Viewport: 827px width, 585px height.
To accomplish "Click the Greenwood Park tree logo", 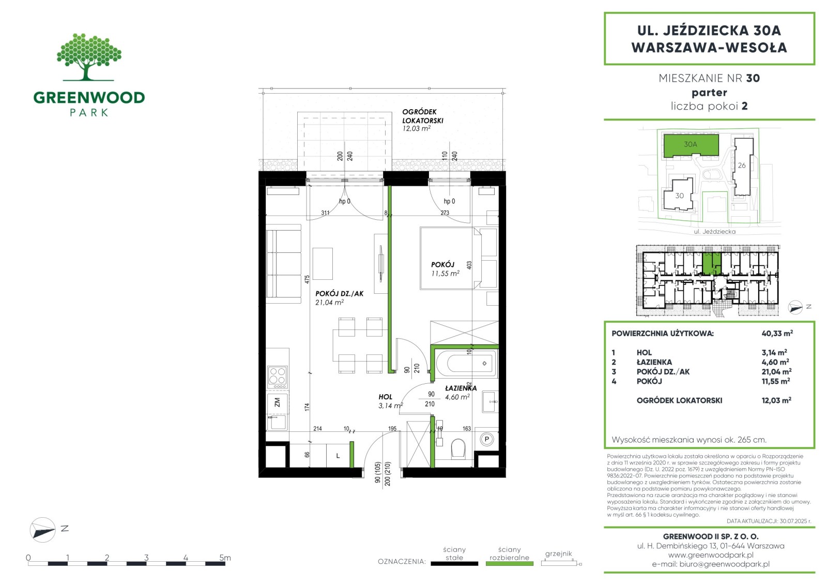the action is click(x=89, y=57).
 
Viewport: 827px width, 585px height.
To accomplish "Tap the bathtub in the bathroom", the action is click(x=466, y=363).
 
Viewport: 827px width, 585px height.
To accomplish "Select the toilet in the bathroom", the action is click(x=458, y=448).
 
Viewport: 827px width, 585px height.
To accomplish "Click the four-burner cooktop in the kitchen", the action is click(x=277, y=377).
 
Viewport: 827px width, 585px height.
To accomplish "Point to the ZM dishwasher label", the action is click(x=277, y=402).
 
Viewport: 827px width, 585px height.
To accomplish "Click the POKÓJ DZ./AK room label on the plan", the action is click(x=339, y=293).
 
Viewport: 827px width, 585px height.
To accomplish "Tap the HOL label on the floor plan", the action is click(x=385, y=397).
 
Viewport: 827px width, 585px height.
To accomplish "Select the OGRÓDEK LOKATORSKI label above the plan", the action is click(x=422, y=116).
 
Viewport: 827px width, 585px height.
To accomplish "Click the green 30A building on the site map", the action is click(x=691, y=145).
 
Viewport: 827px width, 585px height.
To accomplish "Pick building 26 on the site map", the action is click(x=743, y=167).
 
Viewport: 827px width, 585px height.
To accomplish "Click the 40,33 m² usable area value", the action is click(x=777, y=333).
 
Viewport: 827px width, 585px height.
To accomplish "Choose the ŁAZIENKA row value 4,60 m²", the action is click(x=775, y=362).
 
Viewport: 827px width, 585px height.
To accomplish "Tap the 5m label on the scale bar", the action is click(x=225, y=557).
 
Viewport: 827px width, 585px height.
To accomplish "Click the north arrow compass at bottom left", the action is click(x=43, y=530).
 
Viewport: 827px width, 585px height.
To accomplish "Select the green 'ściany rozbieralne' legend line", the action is click(x=510, y=564).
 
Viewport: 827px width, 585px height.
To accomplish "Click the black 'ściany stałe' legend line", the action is click(x=454, y=564).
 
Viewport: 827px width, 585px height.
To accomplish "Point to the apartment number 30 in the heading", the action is click(x=753, y=78).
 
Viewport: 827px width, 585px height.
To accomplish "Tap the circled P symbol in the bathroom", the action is click(x=486, y=440).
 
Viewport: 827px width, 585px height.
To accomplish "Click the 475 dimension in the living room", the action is click(x=307, y=279).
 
